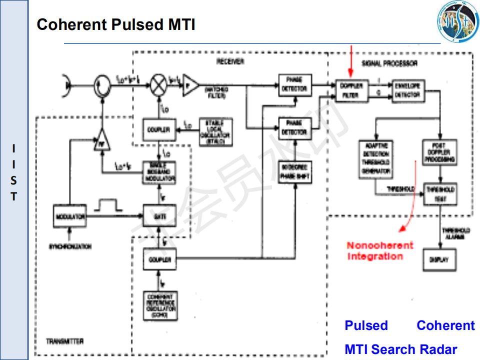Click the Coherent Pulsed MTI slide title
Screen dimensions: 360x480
116,24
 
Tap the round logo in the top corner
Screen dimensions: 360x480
458,22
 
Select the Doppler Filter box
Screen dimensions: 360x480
351,90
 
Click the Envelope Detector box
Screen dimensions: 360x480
407,90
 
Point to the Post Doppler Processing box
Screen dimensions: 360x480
439,153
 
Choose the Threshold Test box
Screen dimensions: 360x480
440,193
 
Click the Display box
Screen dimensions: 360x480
439,259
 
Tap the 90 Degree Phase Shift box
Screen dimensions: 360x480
295,172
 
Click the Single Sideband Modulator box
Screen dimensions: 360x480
159,172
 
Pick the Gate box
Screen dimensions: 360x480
159,216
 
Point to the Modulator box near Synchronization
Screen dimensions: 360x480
69,216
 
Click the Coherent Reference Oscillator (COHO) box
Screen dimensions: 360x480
160,305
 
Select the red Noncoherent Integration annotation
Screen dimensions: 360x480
380,251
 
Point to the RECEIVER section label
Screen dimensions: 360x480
230,61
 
